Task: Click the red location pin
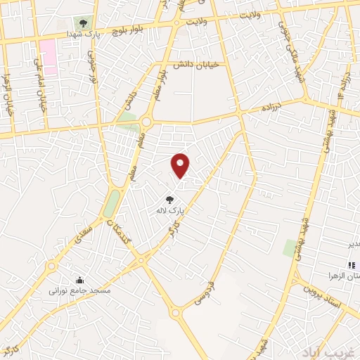click(x=181, y=165)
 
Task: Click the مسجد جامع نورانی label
click(x=79, y=289)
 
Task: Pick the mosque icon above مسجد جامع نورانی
click(x=79, y=279)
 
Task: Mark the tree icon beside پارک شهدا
click(x=84, y=23)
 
